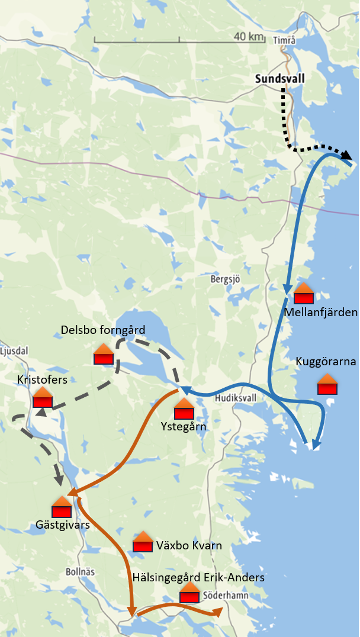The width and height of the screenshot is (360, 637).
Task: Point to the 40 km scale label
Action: coord(248,36)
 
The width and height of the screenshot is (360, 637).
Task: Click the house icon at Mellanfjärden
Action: coord(303,293)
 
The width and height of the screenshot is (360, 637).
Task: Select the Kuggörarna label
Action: coord(326,362)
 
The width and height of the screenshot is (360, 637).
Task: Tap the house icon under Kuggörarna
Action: coord(327,384)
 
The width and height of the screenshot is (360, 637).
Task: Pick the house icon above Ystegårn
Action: coord(184,408)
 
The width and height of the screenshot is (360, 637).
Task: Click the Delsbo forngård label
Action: coord(103,329)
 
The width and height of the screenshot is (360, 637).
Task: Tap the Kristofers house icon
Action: coord(43,397)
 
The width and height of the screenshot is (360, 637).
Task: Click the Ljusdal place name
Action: coord(14,350)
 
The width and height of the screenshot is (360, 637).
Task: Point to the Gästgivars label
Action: coord(63,524)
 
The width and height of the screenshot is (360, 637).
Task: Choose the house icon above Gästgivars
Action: coord(62,507)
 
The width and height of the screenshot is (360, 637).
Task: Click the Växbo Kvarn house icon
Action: coord(143,542)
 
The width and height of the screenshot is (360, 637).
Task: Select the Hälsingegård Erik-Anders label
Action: coord(198,577)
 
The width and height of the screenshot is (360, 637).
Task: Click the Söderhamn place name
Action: coord(226,595)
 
